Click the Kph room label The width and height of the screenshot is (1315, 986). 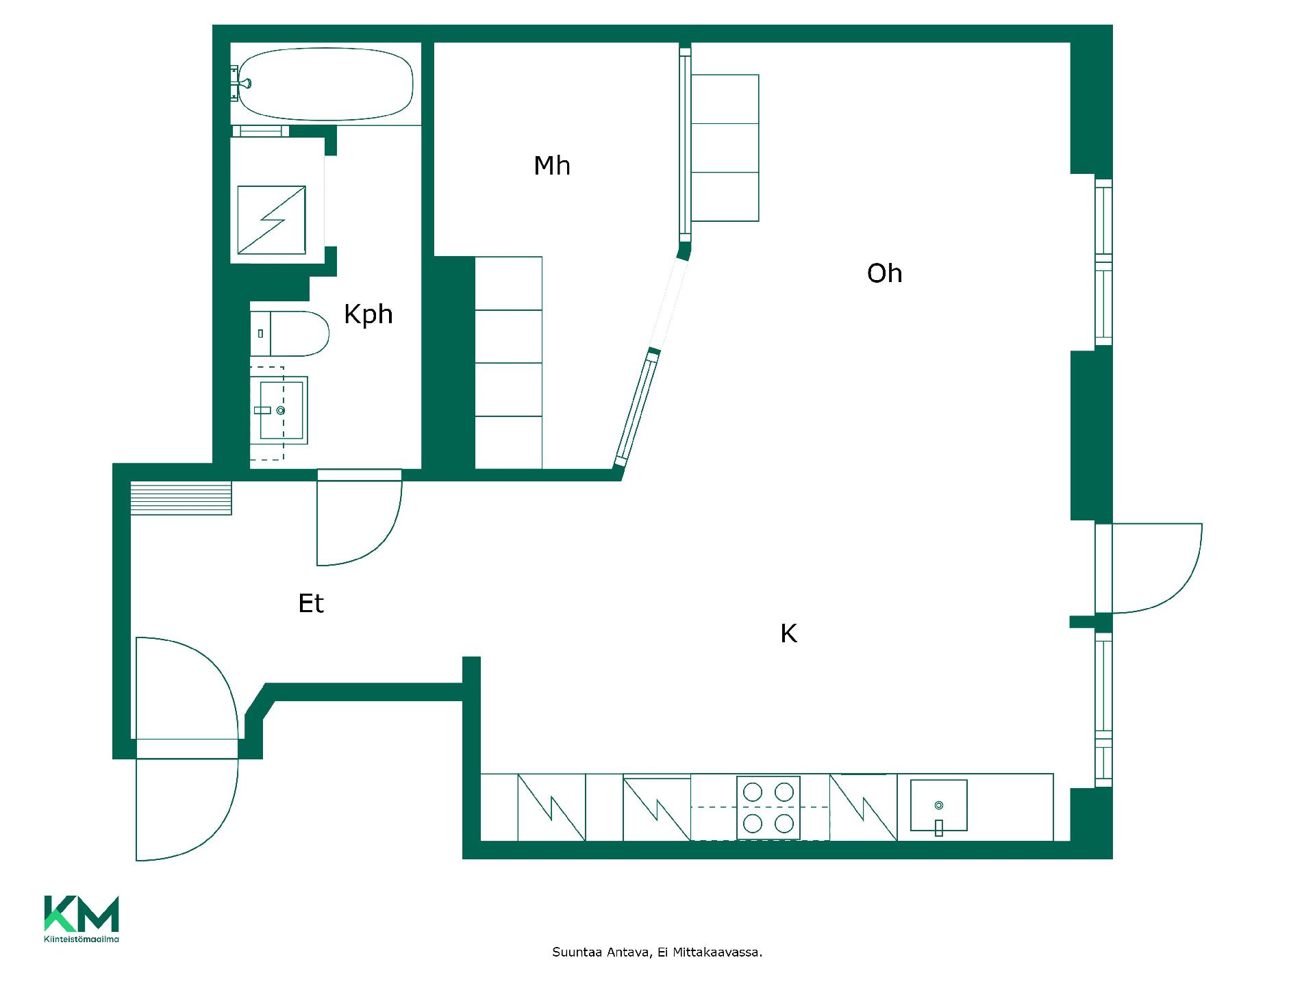tap(368, 315)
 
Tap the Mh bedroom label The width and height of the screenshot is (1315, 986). tap(552, 166)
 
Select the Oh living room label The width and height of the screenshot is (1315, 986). tap(884, 273)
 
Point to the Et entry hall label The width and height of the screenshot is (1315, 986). tap(311, 603)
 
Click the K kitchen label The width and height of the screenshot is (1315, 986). tap(788, 634)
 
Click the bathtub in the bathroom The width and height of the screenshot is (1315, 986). tap(324, 84)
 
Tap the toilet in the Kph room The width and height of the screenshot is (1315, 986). tap(290, 333)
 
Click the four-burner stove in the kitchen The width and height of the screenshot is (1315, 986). tap(768, 808)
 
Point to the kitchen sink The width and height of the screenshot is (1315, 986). tap(938, 805)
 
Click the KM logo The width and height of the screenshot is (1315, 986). tap(82, 913)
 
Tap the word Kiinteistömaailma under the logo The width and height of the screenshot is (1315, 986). tap(82, 939)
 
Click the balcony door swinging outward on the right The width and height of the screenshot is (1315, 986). tap(1157, 568)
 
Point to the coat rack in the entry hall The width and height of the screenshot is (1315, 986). tap(181, 498)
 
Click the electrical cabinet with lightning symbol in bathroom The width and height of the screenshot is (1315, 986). tap(271, 219)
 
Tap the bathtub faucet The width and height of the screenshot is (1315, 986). tap(242, 84)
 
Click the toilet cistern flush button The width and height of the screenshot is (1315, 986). tap(261, 333)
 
